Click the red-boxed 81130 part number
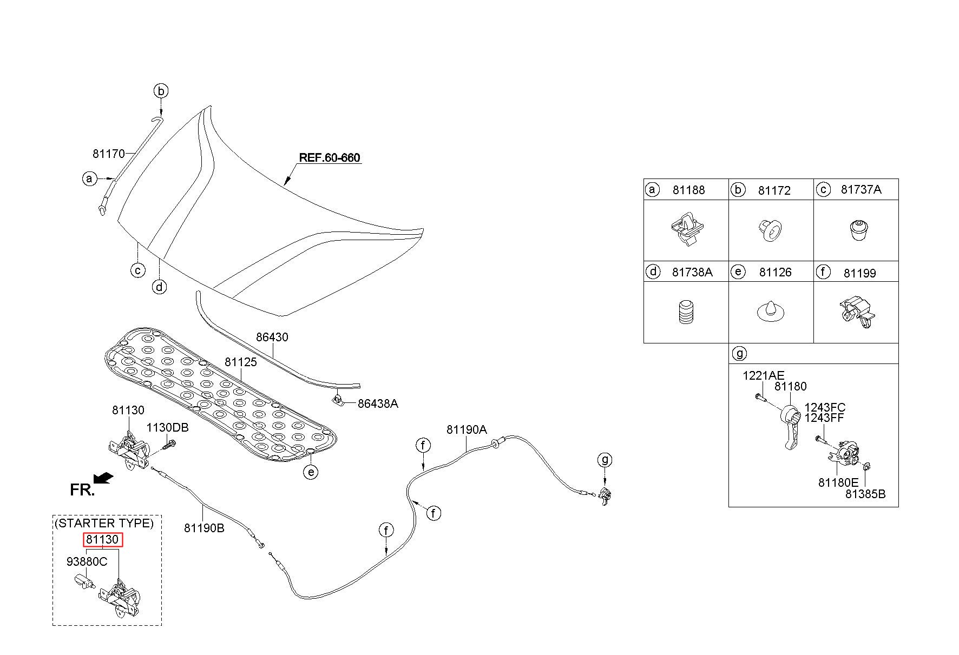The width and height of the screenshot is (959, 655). [x=103, y=539]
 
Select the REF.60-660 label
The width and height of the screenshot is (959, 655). [x=330, y=158]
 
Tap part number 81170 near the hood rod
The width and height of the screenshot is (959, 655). [x=109, y=154]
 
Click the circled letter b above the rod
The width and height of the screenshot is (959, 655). [x=161, y=91]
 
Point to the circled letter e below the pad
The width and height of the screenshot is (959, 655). [x=310, y=472]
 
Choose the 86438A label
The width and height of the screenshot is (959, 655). [x=378, y=403]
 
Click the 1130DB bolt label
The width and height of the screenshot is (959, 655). [x=167, y=427]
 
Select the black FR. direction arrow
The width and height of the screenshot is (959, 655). [x=103, y=478]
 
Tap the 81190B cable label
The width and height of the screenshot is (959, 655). [x=204, y=528]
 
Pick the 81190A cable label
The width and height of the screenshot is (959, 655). [x=467, y=429]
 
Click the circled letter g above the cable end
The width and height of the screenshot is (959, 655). [x=605, y=460]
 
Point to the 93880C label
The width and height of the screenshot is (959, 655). [x=87, y=561]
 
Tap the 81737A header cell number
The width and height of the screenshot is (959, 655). [x=861, y=189]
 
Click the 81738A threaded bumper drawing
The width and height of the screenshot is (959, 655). [x=686, y=312]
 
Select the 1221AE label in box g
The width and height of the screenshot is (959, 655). [x=763, y=375]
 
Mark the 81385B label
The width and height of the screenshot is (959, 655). [x=865, y=494]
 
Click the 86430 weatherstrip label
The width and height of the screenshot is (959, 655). [x=272, y=337]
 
